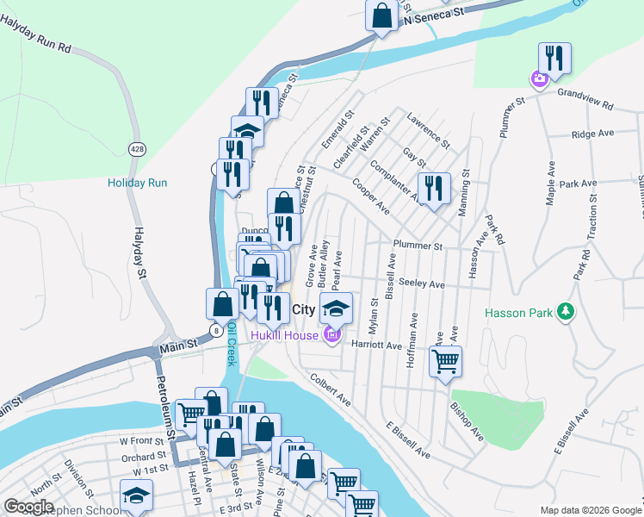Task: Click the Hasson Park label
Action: click(x=517, y=313)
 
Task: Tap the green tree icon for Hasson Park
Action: click(x=566, y=311)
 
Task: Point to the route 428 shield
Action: click(x=136, y=148)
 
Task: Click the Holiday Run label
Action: click(x=137, y=183)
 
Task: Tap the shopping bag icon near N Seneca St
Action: click(x=381, y=16)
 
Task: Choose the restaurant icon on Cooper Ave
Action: click(x=434, y=188)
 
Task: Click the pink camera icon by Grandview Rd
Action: click(x=539, y=80)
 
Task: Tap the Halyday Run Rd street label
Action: click(x=34, y=36)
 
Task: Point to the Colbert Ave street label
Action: click(x=331, y=389)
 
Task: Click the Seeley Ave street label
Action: click(x=422, y=284)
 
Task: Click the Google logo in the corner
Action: click(x=28, y=507)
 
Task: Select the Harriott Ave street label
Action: click(x=376, y=345)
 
